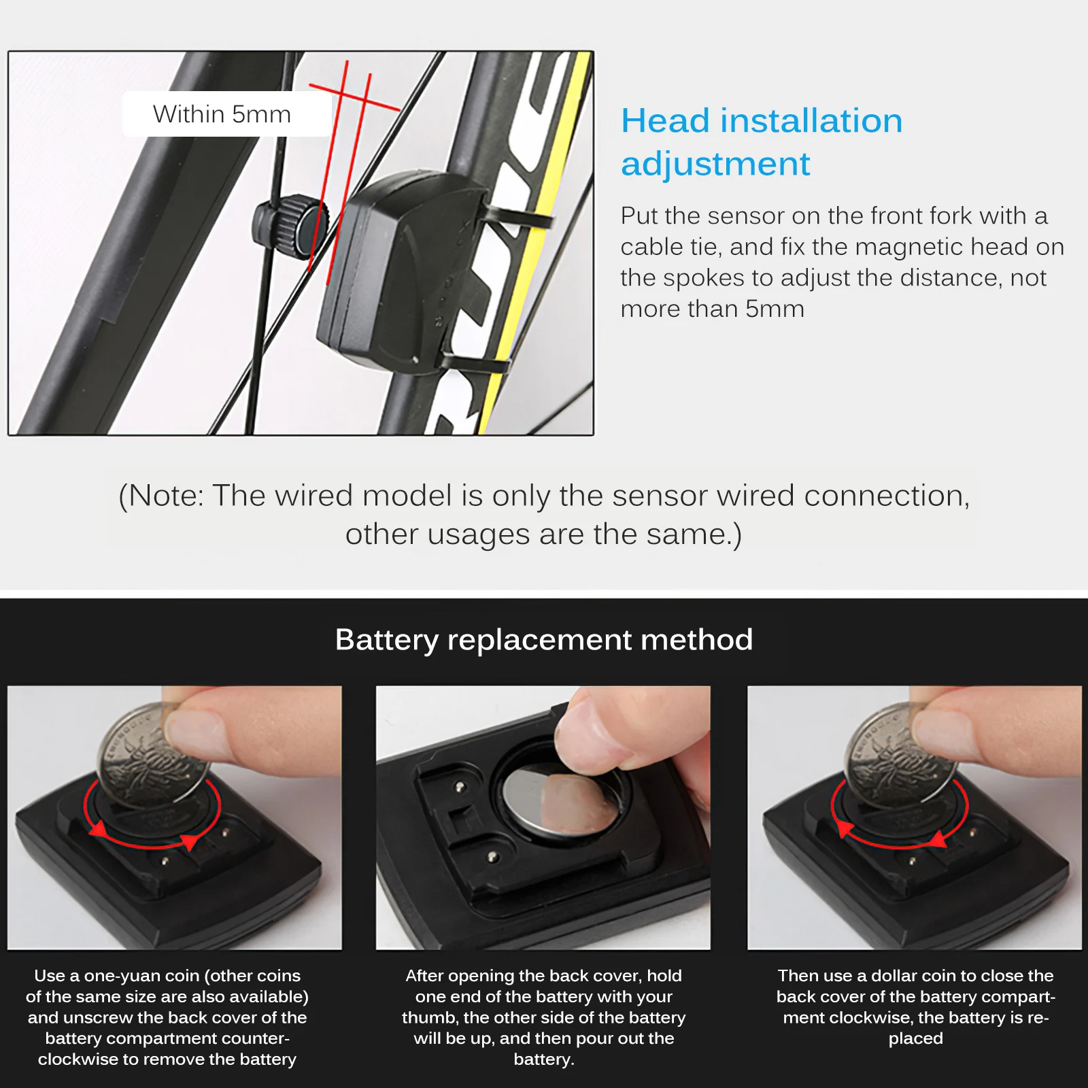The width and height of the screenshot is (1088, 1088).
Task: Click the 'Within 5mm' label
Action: coord(222,114)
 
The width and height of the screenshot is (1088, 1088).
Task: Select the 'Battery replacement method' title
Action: coord(544,640)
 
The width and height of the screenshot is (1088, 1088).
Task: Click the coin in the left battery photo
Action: coord(153,755)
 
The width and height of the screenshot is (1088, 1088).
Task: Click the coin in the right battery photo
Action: coord(898,755)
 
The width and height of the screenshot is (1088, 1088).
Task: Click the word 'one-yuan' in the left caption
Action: coord(124,976)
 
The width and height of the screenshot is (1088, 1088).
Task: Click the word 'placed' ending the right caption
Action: coord(915,1038)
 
